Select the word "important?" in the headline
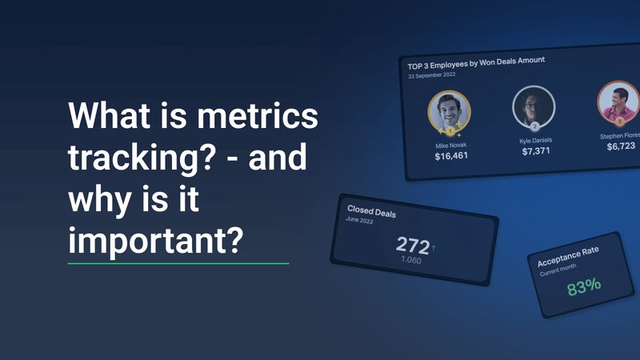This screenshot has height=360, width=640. (x=155, y=238)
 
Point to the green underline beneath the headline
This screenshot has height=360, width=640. (x=178, y=262)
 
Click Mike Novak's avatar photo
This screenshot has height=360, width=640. (x=449, y=111)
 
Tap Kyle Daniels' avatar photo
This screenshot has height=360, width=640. (x=529, y=106)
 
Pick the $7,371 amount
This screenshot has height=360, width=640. (x=536, y=150)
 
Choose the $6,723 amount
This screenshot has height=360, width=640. (x=620, y=146)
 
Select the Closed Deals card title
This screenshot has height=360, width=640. (x=372, y=212)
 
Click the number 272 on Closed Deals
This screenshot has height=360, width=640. (x=412, y=246)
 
